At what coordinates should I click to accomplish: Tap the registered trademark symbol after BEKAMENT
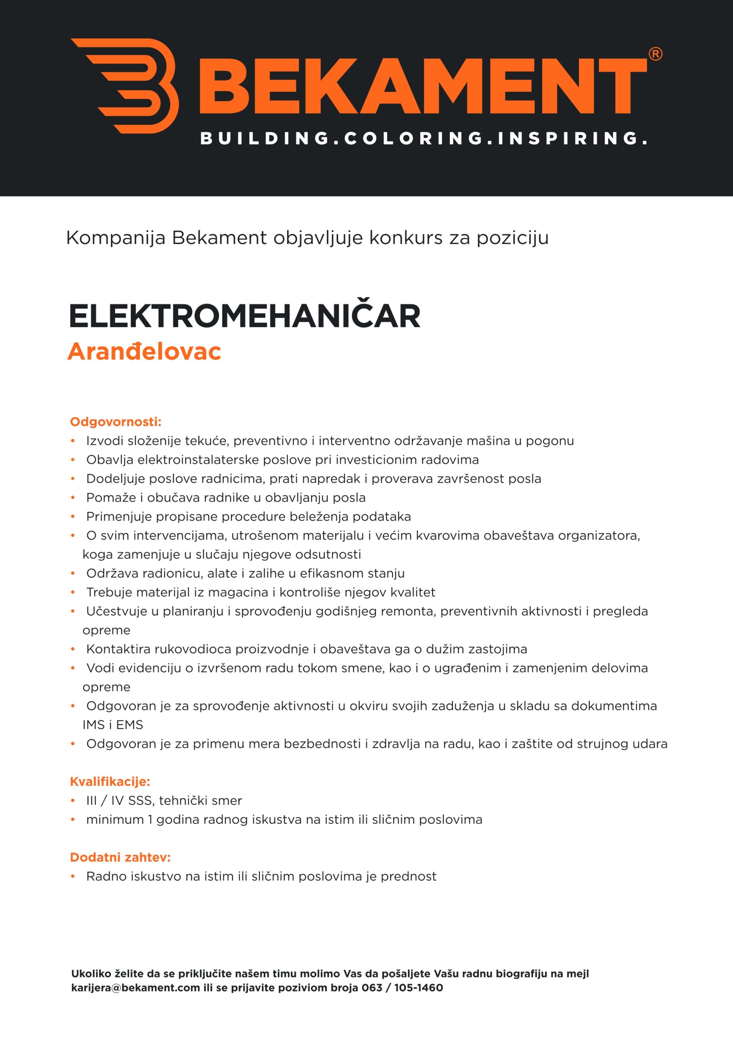655,54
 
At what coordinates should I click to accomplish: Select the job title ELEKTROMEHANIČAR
244,316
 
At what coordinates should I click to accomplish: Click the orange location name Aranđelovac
144,351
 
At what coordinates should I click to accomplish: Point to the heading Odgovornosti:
115,422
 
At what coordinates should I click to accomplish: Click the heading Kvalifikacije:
110,781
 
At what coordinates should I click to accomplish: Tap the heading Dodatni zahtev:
120,857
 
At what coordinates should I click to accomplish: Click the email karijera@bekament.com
136,988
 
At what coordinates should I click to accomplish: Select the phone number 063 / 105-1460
402,988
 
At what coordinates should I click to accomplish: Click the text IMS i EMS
113,725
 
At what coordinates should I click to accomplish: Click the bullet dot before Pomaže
73,498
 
